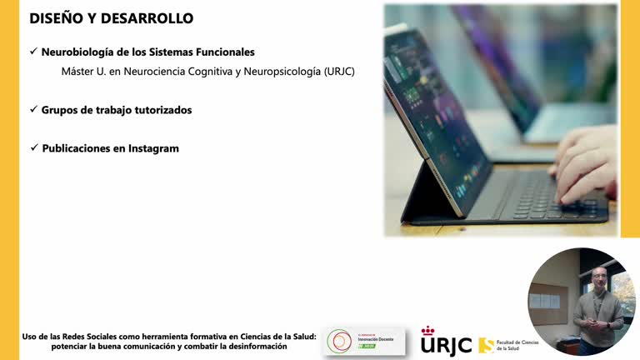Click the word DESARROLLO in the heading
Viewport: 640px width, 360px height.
pyautogui.click(x=147, y=17)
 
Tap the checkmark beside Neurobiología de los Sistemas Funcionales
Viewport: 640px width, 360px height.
pyautogui.click(x=33, y=52)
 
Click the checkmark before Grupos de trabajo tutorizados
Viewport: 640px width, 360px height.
pyautogui.click(x=33, y=110)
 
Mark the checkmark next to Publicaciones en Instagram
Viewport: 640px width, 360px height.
pyautogui.click(x=33, y=148)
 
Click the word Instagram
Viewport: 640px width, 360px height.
pyautogui.click(x=153, y=148)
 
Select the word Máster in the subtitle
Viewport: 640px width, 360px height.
pyautogui.click(x=79, y=72)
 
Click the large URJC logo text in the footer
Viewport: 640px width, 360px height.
pyautogui.click(x=446, y=344)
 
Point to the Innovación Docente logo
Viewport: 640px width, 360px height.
pyautogui.click(x=363, y=341)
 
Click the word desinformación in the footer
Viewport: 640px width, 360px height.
pyautogui.click(x=249, y=346)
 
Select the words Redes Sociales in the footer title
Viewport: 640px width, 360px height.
pyautogui.click(x=94, y=336)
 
